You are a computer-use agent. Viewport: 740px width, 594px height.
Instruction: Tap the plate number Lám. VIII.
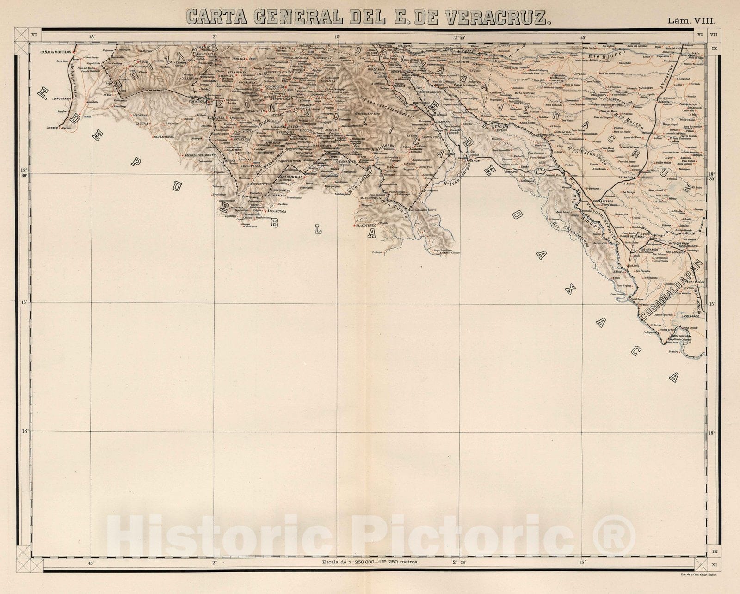(x=691, y=21)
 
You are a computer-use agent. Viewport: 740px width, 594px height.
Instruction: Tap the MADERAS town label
(x=139, y=116)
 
